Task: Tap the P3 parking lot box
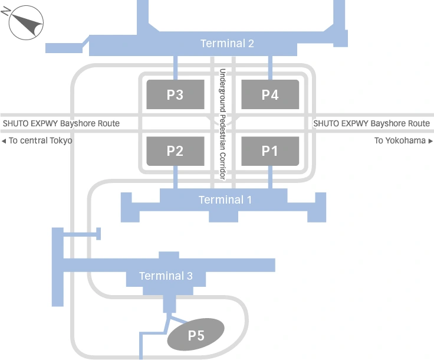tap(175, 94)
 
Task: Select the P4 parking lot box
tap(270, 94)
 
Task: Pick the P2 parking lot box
tap(175, 150)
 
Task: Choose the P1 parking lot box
tap(270, 150)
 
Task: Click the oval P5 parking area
tap(196, 335)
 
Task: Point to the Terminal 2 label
tap(227, 44)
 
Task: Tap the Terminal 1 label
tap(225, 200)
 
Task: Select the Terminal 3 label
tap(166, 276)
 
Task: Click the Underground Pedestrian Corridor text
tap(223, 124)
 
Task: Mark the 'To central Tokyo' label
tap(40, 141)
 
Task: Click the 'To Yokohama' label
tap(400, 141)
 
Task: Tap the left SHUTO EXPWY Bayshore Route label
tap(61, 123)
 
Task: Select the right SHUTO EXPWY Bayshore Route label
tap(371, 123)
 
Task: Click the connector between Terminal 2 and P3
tap(175, 68)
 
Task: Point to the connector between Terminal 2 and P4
tap(270, 68)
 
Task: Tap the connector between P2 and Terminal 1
tap(175, 177)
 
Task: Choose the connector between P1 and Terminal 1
tap(270, 177)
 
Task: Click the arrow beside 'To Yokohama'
tap(430, 141)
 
